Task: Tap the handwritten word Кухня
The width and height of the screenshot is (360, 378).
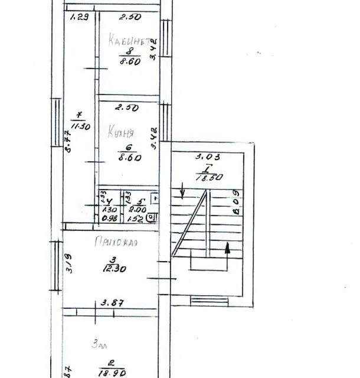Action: [x=120, y=133]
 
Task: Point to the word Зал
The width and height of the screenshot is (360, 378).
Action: [x=99, y=346]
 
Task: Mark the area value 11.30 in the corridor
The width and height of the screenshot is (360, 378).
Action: [x=80, y=126]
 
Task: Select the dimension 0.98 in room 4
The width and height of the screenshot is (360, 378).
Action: [x=109, y=218]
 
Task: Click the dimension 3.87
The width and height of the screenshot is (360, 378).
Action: [x=112, y=303]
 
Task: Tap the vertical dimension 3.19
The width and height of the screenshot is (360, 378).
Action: [x=69, y=263]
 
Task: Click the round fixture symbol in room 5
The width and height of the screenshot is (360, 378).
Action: [x=152, y=217]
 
